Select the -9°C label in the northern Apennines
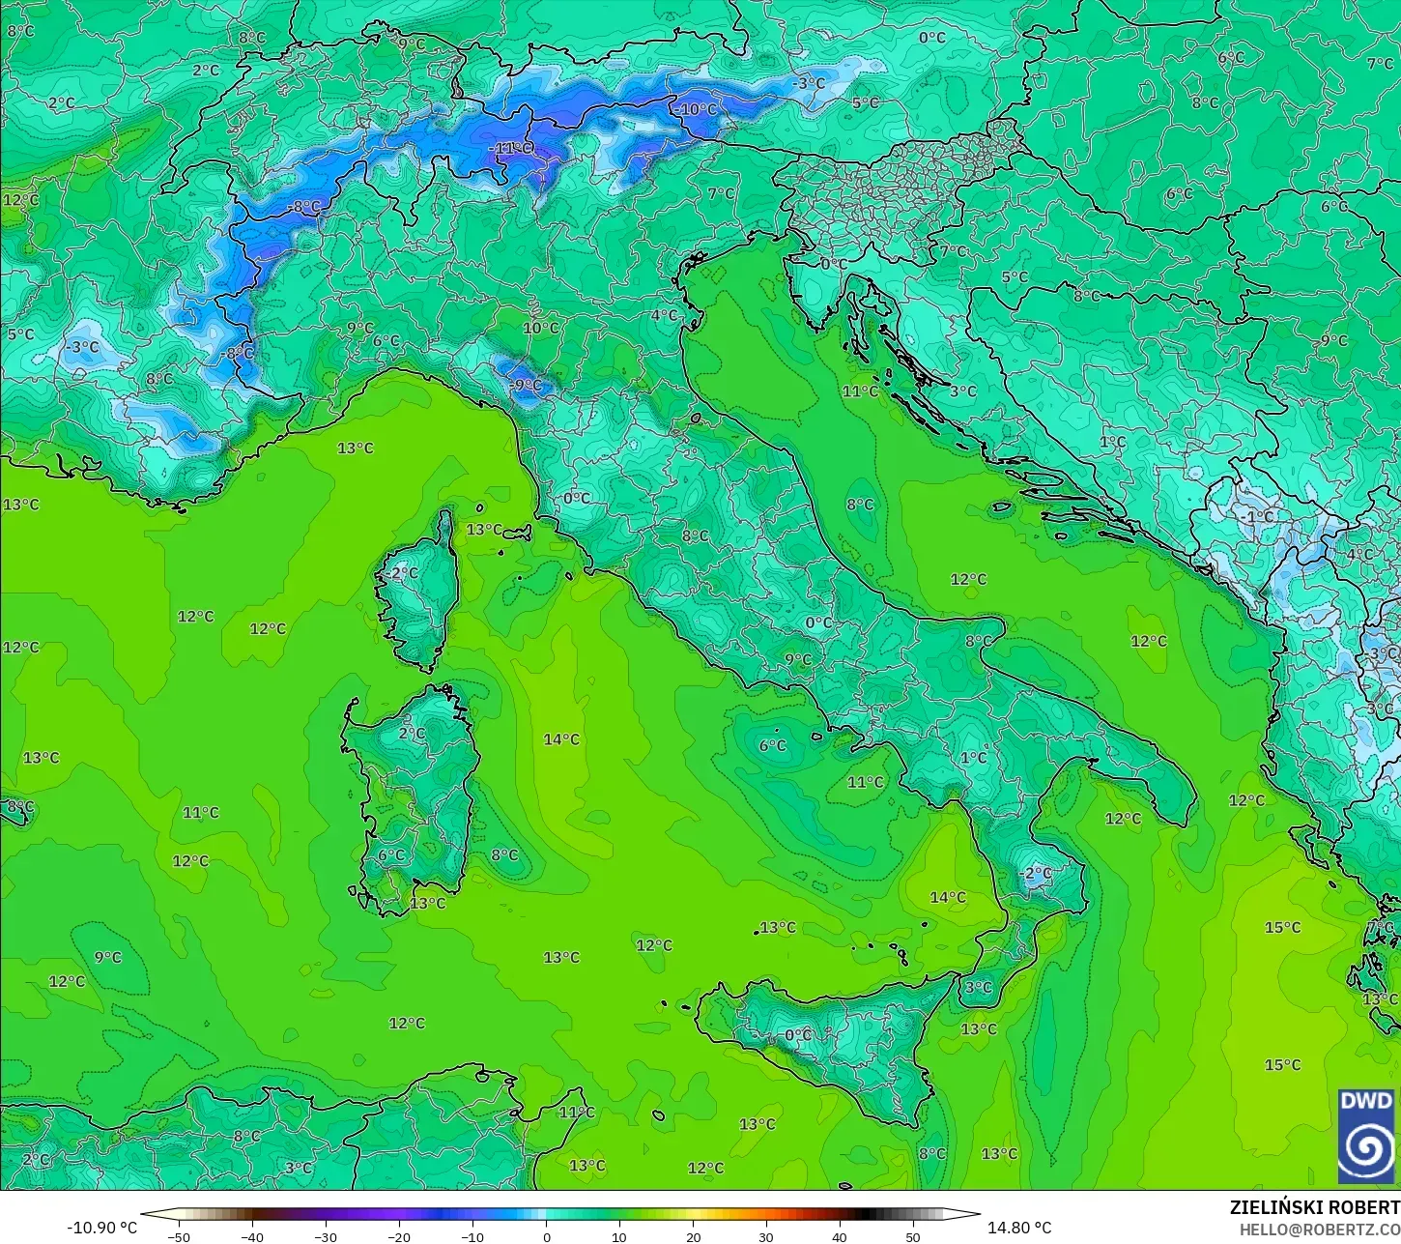click(x=527, y=385)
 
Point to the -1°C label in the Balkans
click(x=1257, y=517)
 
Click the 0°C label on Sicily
click(x=798, y=1035)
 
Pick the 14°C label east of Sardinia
click(x=561, y=739)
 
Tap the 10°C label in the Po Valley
click(x=541, y=328)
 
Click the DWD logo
click(x=1366, y=1136)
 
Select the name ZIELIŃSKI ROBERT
click(x=1314, y=1208)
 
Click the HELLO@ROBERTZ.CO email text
click(x=1320, y=1230)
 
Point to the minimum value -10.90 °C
click(x=101, y=1228)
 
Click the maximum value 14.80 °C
click(x=1019, y=1228)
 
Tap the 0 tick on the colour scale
click(x=546, y=1236)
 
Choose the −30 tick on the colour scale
click(x=326, y=1236)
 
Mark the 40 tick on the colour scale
click(x=840, y=1236)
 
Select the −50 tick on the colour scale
click(x=179, y=1236)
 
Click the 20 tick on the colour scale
click(x=693, y=1236)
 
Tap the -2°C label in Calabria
click(x=1036, y=873)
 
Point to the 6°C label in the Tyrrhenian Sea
click(x=773, y=745)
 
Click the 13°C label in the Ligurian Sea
click(x=356, y=448)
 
